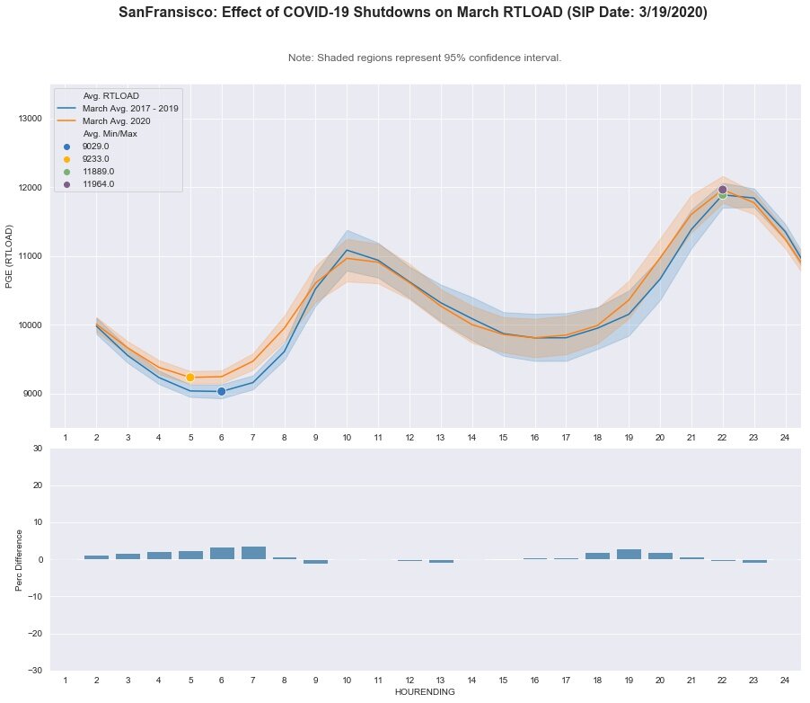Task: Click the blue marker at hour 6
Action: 221,391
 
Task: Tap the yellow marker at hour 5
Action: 190,377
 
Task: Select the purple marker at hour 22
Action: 722,190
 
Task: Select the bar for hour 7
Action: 253,553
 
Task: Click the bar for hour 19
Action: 629,554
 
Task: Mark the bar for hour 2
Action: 96,557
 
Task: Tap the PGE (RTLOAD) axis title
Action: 10,256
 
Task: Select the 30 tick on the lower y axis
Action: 36,448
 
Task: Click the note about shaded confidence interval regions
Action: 425,58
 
